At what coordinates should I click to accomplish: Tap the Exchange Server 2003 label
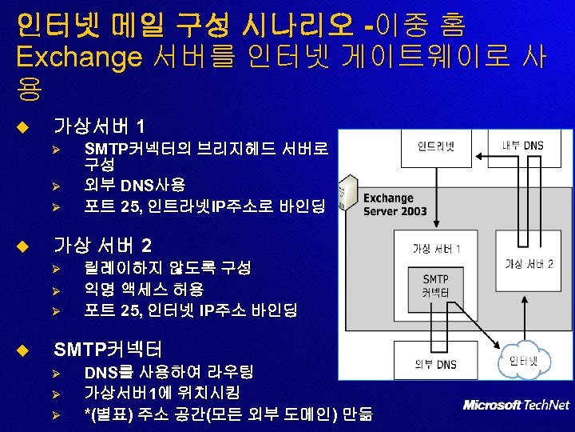(395, 204)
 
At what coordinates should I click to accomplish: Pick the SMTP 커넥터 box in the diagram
(436, 286)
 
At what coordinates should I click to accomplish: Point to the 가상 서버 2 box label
(529, 264)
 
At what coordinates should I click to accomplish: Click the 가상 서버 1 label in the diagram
(436, 248)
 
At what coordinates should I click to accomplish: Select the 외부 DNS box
(436, 365)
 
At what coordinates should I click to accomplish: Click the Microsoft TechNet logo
(516, 405)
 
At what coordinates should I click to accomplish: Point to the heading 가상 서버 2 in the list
(101, 245)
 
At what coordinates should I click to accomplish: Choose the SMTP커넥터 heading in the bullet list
(107, 349)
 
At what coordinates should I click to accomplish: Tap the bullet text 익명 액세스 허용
(144, 289)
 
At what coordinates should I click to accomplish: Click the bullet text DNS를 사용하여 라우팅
(169, 372)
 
